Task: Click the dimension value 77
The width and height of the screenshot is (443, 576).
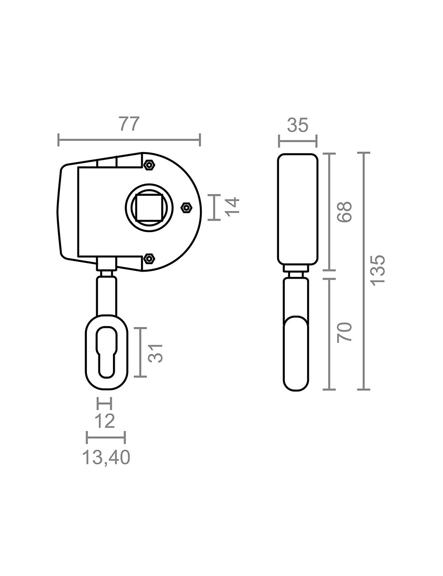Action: click(x=129, y=124)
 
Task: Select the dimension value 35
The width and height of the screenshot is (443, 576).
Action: click(x=298, y=125)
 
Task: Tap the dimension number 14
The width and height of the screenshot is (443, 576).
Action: click(x=233, y=207)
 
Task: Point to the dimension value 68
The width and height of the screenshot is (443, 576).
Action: click(x=345, y=212)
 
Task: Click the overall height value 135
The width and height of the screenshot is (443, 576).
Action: click(x=377, y=271)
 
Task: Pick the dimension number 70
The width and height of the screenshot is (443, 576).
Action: click(x=345, y=333)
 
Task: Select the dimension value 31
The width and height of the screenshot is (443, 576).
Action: click(x=155, y=353)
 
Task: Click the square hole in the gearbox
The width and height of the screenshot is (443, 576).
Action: click(x=149, y=207)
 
